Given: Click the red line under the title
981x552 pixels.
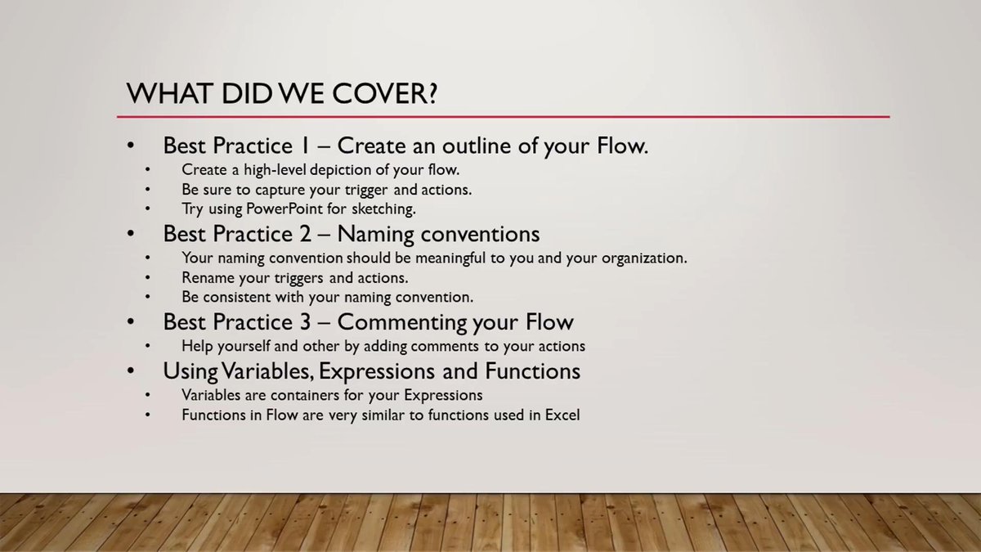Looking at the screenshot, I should click(507, 117).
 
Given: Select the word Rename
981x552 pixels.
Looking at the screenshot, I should click(208, 277).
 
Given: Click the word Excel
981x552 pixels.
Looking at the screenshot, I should click(562, 415).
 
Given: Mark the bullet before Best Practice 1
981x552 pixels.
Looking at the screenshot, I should click(131, 146).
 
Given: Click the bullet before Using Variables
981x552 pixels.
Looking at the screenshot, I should click(131, 371).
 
